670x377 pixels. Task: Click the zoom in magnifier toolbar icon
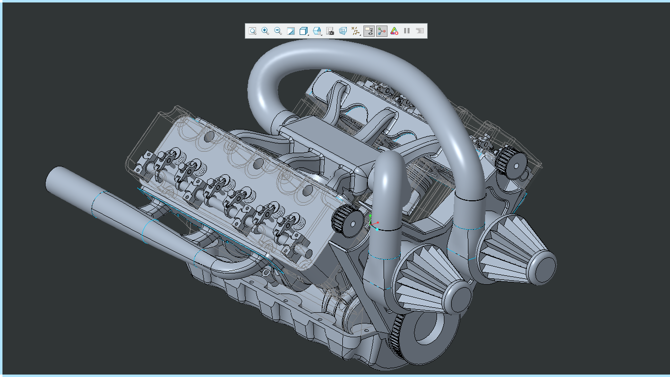pyautogui.click(x=265, y=31)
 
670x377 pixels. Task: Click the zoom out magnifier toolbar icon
pyautogui.click(x=278, y=31)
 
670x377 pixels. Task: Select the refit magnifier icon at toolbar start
pyautogui.click(x=252, y=31)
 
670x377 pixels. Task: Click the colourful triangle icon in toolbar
pyautogui.click(x=394, y=31)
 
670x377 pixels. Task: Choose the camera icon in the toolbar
pyautogui.click(x=330, y=31)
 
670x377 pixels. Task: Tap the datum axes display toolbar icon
pyautogui.click(x=356, y=31)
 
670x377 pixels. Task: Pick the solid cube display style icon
pyautogui.click(x=304, y=31)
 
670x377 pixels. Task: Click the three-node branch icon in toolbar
pyautogui.click(x=381, y=31)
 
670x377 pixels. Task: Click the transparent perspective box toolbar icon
pyautogui.click(x=343, y=31)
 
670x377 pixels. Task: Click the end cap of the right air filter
pyautogui.click(x=544, y=268)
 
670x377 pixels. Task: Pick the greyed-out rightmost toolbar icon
pyautogui.click(x=419, y=31)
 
